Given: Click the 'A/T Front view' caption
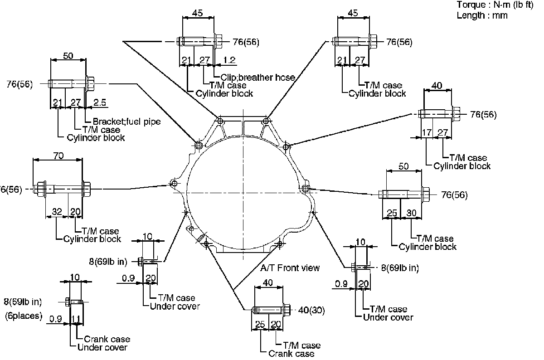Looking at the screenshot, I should point(290,268).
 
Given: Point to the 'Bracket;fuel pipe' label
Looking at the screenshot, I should point(126,122).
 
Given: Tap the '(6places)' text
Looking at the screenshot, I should point(24,316).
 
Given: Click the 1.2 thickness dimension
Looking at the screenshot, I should point(229,59).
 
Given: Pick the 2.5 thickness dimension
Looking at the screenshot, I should point(100,103).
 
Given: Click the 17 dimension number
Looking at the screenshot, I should point(426,133).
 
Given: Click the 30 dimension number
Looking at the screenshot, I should point(412,213).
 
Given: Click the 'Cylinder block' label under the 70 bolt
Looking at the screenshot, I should point(92,239).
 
